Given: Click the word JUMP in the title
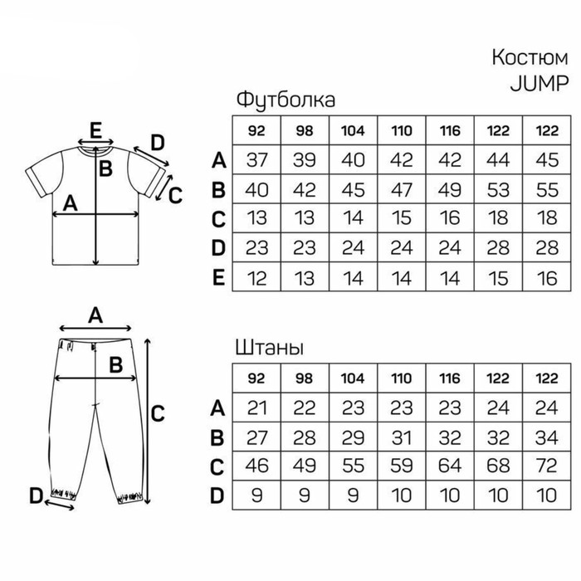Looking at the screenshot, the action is click(x=539, y=83).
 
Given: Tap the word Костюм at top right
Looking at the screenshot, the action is click(x=530, y=57).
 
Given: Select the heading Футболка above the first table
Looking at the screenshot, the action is click(x=286, y=100).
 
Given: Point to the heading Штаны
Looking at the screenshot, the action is click(x=270, y=348).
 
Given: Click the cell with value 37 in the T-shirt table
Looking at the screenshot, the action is click(x=256, y=159).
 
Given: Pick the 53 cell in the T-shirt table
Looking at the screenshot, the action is click(x=498, y=189).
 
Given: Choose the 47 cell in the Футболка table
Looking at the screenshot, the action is click(x=402, y=189).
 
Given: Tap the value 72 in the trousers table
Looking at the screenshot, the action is click(x=546, y=466).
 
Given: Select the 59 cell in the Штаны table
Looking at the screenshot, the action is click(x=402, y=466).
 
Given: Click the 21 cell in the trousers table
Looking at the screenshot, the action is click(x=256, y=408).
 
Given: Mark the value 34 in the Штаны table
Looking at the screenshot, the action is click(x=546, y=437).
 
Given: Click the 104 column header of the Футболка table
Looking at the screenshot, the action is click(x=353, y=130).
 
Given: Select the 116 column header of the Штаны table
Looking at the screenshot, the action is click(x=450, y=378).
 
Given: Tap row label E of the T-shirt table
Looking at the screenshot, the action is click(x=218, y=277).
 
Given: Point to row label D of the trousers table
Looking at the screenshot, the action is click(x=217, y=496).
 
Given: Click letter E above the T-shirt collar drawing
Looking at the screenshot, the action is click(x=95, y=130).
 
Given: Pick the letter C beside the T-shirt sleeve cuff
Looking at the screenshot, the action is click(x=175, y=195).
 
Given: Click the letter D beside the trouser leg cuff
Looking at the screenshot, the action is click(x=37, y=496).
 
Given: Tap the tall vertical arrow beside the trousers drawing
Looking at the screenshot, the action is click(x=148, y=422).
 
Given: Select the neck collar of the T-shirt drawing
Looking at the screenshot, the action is click(x=95, y=150).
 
